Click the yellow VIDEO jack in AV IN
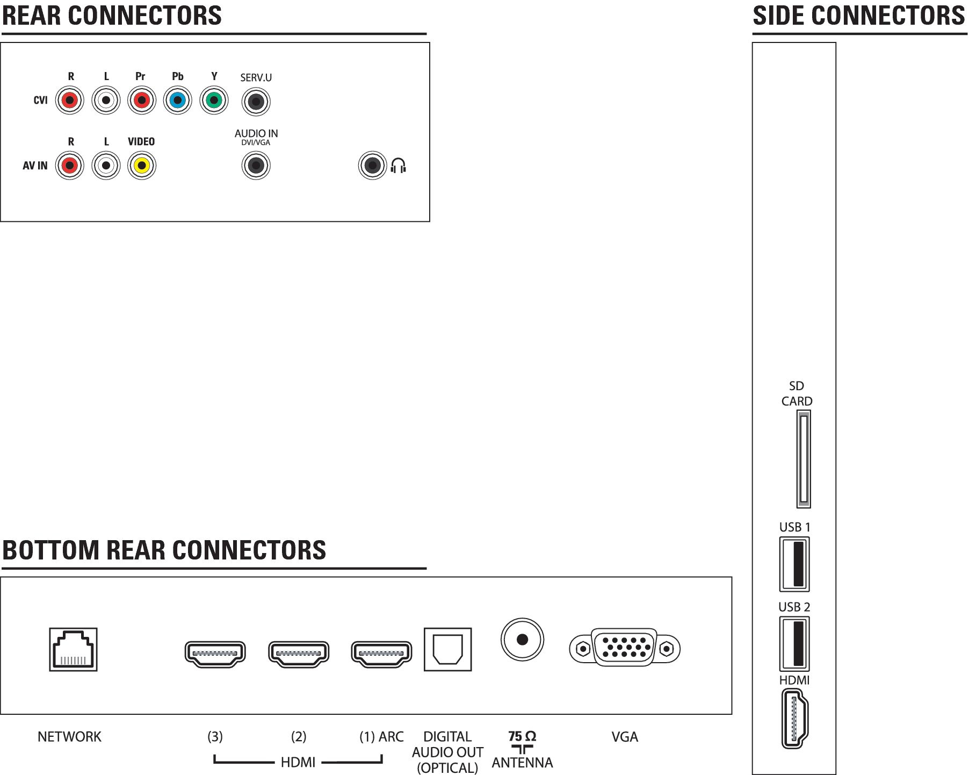point(142,166)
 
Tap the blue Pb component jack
point(177,100)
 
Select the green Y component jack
point(214,100)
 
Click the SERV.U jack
point(256,102)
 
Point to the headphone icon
point(398,166)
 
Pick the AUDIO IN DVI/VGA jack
point(256,166)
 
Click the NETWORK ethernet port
point(73,649)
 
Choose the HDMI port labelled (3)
point(215,654)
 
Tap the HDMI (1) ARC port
point(381,654)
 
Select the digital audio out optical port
point(447,649)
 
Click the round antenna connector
point(522,640)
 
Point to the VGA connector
point(625,648)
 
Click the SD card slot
point(803,459)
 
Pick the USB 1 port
point(794,564)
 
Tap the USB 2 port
point(794,643)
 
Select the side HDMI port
point(794,719)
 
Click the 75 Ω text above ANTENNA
point(522,736)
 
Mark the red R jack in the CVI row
point(70,100)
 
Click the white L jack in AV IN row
point(106,166)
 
